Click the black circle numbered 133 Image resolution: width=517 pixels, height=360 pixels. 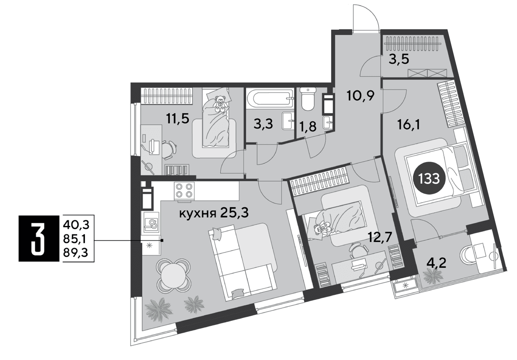click(429, 179)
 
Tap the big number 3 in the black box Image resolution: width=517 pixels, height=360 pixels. click(37, 238)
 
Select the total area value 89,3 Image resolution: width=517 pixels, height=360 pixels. click(76, 253)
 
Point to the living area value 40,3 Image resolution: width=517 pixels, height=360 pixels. click(76, 225)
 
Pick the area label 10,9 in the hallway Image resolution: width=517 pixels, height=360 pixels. click(360, 95)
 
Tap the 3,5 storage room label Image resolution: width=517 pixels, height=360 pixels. click(399, 59)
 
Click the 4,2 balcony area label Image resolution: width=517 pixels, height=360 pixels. click(436, 263)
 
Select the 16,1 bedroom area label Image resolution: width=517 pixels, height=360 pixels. click(408, 125)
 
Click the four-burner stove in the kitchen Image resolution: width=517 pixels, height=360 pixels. click(184, 191)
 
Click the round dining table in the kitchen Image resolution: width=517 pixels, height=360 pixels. click(173, 276)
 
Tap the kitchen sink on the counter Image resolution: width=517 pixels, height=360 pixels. click(151, 222)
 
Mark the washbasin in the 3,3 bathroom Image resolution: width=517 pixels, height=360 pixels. click(288, 121)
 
